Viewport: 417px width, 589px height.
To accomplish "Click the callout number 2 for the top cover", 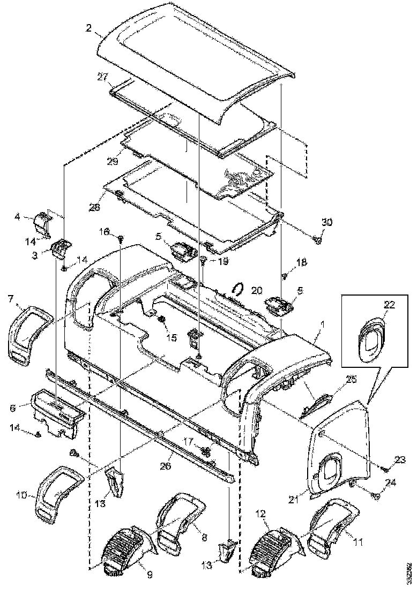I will point(88,28).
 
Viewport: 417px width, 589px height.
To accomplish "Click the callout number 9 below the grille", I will point(150,575).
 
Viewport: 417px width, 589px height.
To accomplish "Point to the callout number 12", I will point(260,514).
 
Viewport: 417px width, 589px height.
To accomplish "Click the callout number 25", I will point(336,380).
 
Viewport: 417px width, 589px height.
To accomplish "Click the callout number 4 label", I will point(17,217).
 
